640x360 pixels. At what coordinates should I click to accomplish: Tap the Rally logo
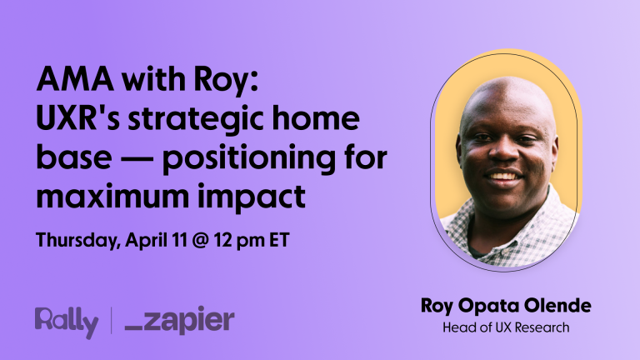pyautogui.click(x=65, y=322)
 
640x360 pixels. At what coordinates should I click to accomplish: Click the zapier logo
pyautogui.click(x=179, y=322)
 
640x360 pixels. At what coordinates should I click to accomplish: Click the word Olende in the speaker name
pyautogui.click(x=560, y=307)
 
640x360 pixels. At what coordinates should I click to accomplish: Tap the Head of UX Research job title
pyautogui.click(x=506, y=327)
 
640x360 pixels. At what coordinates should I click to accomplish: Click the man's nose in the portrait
pyautogui.click(x=504, y=154)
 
